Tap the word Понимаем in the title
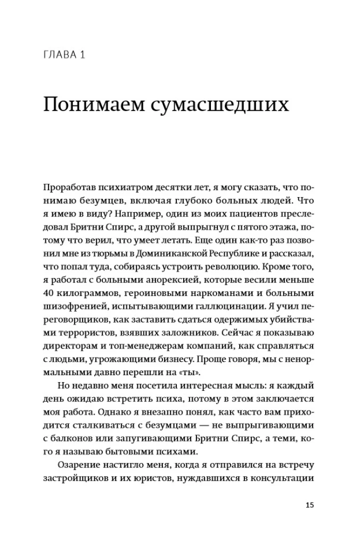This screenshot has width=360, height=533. (x=94, y=103)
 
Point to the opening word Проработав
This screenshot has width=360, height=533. (x=69, y=189)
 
